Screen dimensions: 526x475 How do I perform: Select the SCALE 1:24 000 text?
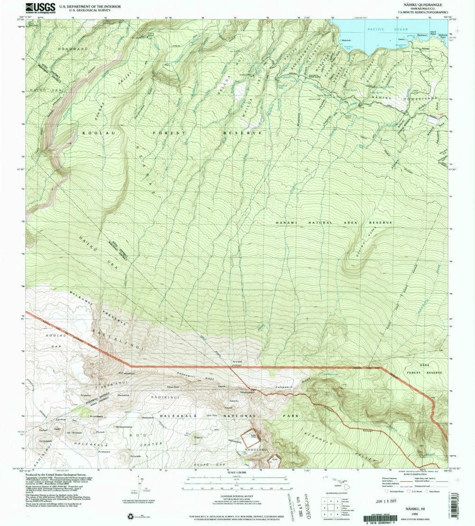pos(237,472)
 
